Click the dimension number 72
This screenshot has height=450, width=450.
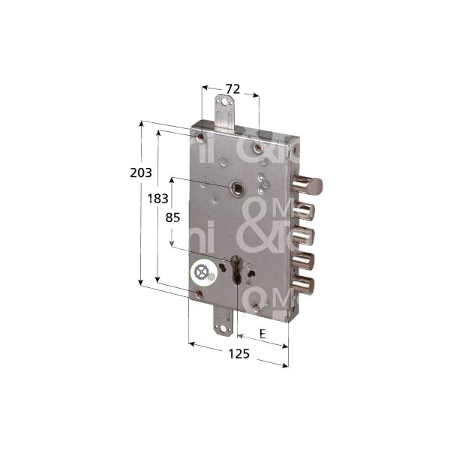click(x=232, y=89)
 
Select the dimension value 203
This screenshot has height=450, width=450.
click(x=140, y=172)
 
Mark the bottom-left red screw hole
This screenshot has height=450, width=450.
click(x=199, y=293)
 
